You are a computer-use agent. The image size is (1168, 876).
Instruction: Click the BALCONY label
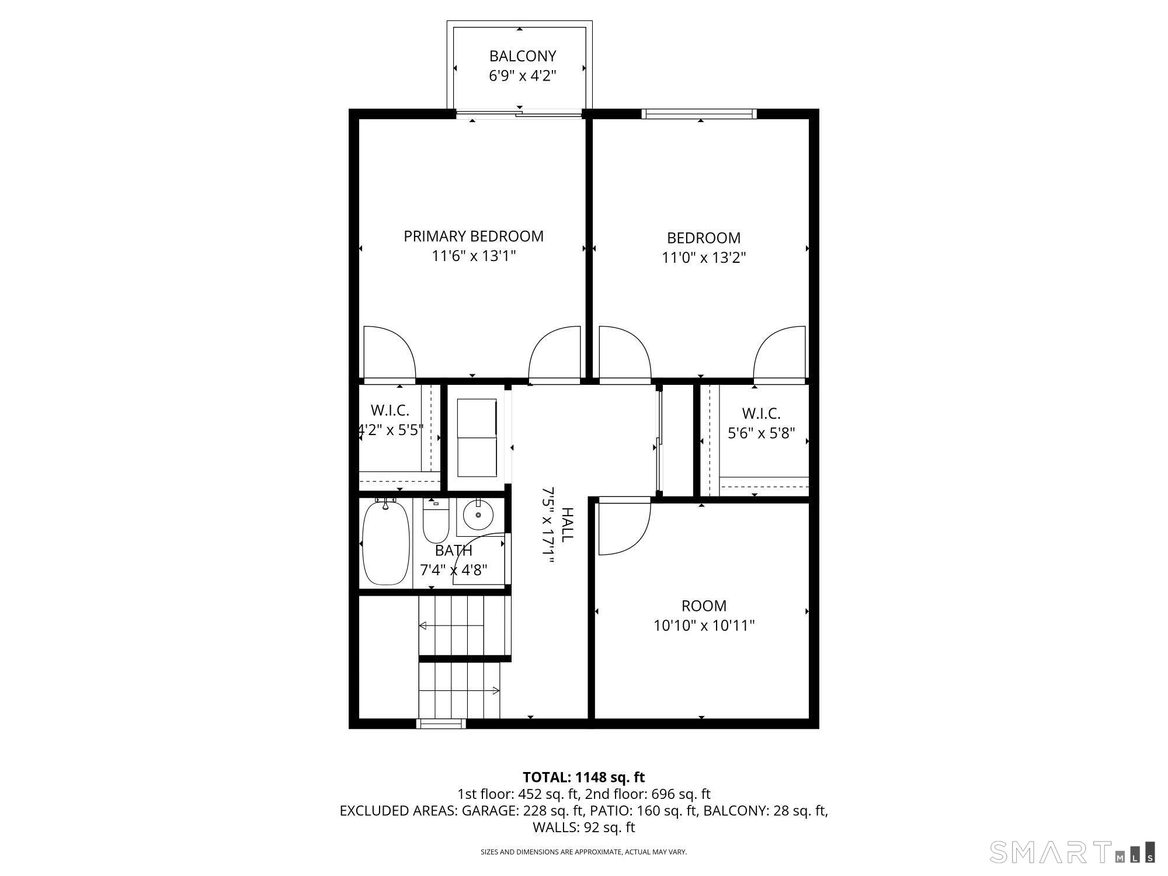click(x=522, y=56)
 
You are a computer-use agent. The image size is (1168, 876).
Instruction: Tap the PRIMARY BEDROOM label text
click(x=474, y=236)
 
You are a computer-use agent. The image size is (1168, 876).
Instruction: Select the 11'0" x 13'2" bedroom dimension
click(x=704, y=258)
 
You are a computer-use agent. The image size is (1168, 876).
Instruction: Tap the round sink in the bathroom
click(x=478, y=516)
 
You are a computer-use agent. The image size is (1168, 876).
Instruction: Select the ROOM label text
click(x=704, y=606)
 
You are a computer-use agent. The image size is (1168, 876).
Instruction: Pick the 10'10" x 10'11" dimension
click(x=704, y=625)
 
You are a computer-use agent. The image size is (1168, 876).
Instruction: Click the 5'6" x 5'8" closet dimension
click(x=762, y=433)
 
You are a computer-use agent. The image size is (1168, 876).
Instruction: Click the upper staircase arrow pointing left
click(x=451, y=625)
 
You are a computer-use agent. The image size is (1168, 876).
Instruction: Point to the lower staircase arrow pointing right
click(x=459, y=690)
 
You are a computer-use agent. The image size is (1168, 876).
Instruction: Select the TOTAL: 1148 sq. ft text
click(x=583, y=777)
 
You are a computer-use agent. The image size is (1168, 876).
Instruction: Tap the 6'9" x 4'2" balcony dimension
click(x=522, y=76)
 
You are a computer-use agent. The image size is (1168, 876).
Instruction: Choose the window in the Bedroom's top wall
click(x=699, y=114)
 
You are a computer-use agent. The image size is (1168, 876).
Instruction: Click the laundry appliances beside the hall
click(x=477, y=437)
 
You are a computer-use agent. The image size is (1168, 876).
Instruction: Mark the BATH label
click(x=454, y=550)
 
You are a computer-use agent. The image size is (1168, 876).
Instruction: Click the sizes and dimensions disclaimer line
click(x=583, y=852)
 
